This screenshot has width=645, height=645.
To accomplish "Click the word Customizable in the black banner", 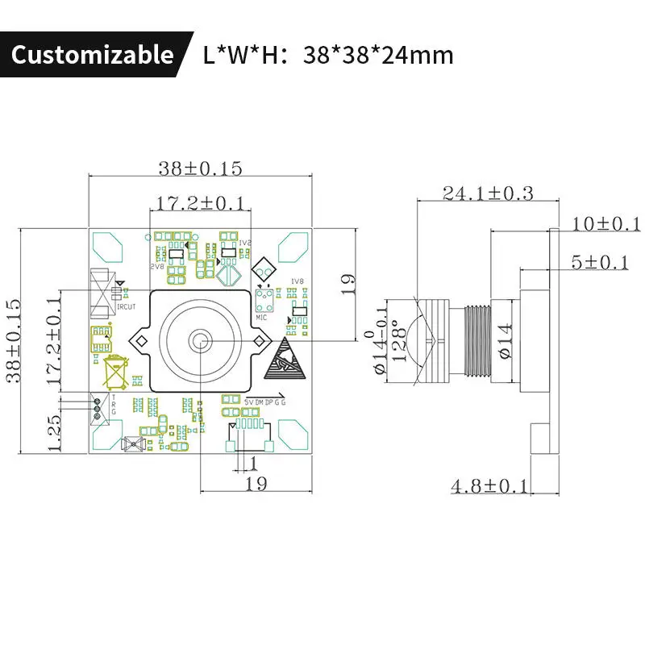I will (92, 55).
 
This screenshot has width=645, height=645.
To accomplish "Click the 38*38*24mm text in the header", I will (378, 55).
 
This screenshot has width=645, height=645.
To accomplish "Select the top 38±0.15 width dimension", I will (200, 168).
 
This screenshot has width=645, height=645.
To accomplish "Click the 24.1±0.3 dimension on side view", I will (487, 193).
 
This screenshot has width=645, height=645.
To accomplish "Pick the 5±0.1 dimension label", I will (598, 262).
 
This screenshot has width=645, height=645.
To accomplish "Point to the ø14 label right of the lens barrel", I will (504, 340).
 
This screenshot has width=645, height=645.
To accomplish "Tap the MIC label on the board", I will (261, 318).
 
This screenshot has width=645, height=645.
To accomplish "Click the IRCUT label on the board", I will (126, 306).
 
